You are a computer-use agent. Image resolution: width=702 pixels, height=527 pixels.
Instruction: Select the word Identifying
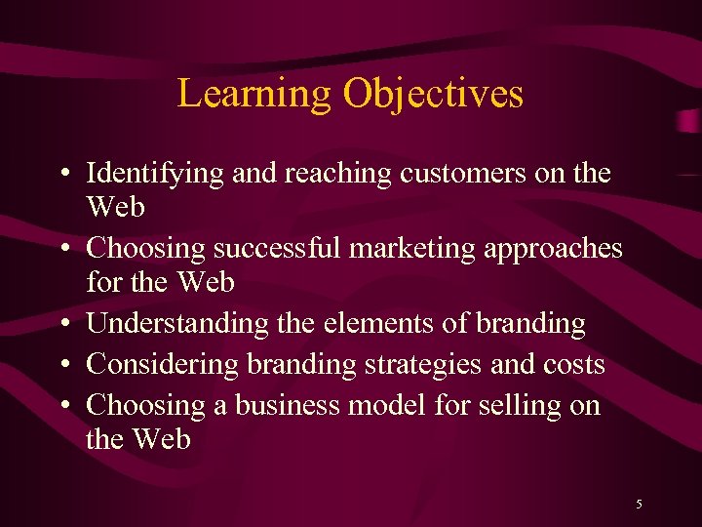coord(145,175)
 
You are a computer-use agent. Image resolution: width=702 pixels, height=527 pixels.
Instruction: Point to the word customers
coord(470,175)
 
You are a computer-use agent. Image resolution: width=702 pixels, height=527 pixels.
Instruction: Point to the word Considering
coord(162,365)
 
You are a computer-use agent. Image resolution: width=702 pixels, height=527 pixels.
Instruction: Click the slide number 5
coord(639,505)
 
